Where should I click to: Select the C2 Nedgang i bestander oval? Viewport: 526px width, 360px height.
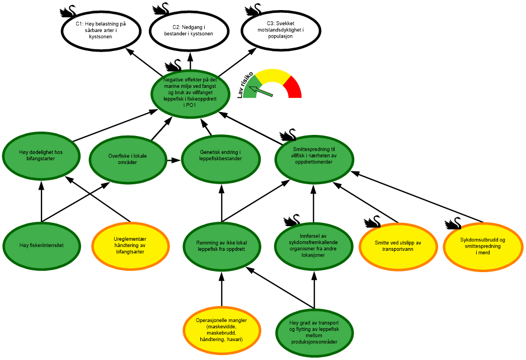[189, 31]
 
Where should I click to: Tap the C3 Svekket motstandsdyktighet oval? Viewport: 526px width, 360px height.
[281, 31]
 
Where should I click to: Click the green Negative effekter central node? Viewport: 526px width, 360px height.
[190, 93]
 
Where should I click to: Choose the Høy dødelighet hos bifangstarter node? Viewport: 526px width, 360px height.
[41, 155]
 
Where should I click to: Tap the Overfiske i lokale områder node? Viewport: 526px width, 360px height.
[128, 158]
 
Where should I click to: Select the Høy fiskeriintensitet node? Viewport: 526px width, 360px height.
[41, 245]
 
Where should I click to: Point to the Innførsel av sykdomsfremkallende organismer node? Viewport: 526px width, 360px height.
[314, 246]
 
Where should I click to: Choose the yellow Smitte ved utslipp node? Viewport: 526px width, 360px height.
[397, 246]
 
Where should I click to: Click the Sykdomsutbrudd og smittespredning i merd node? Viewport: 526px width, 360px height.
[482, 246]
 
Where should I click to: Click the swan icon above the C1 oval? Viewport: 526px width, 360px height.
[68, 11]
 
